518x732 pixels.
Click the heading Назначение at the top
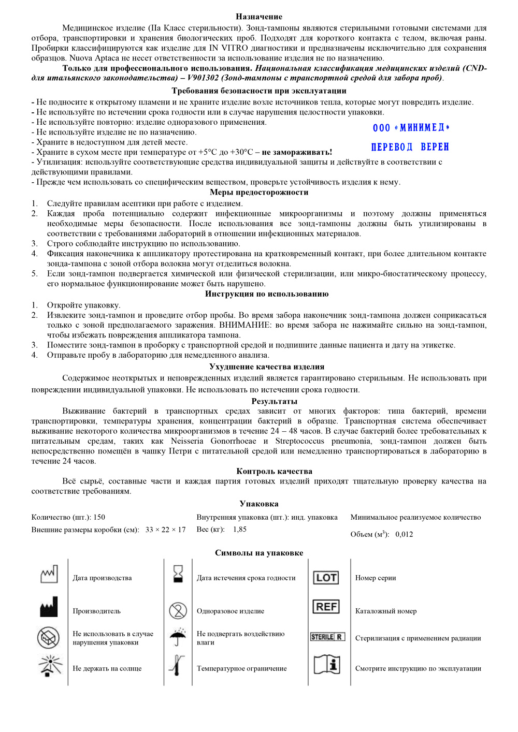pyautogui.click(x=259, y=17)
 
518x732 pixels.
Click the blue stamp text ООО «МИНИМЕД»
pyautogui.click(x=411, y=128)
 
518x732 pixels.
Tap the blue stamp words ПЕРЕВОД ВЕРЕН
pyautogui.click(x=410, y=147)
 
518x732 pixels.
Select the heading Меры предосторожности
pyautogui.click(x=259, y=192)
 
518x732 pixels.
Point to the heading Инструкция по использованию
pyautogui.click(x=266, y=294)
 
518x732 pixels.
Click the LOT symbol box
pyautogui.click(x=326, y=578)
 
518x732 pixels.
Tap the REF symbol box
pyautogui.click(x=326, y=607)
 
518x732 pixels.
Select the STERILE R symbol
pyautogui.click(x=327, y=637)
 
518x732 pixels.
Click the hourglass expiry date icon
pyautogui.click(x=178, y=574)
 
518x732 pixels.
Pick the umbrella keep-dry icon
pyautogui.click(x=178, y=636)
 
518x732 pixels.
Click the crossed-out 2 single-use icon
pyautogui.click(x=178, y=611)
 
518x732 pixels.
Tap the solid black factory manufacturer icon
pyautogui.click(x=49, y=607)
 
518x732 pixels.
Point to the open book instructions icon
pyautogui.click(x=327, y=664)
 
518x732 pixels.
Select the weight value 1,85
pyautogui.click(x=240, y=529)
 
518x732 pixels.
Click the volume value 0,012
pyautogui.click(x=404, y=534)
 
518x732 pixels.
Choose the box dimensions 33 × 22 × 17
pyautogui.click(x=165, y=530)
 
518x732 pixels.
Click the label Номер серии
pyautogui.click(x=376, y=578)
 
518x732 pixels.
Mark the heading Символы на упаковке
pyautogui.click(x=259, y=552)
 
